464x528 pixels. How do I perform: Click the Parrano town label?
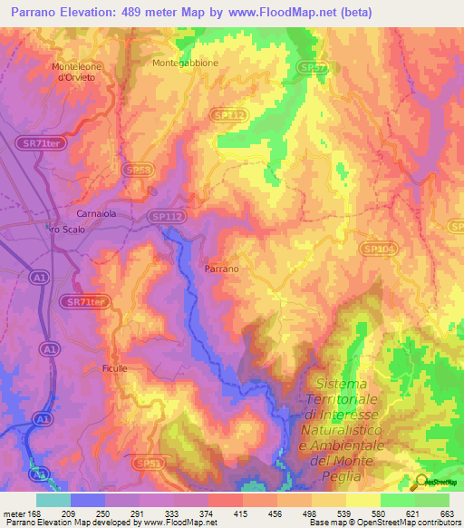point(221,269)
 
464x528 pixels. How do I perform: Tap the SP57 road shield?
point(314,68)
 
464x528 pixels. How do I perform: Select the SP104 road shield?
point(376,249)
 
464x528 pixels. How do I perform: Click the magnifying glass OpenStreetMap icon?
point(422,483)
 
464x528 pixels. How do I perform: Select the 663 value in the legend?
point(447,513)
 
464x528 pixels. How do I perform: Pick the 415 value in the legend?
point(242,513)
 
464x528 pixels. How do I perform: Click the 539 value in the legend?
point(344,513)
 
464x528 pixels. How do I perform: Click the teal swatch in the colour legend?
point(53,500)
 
